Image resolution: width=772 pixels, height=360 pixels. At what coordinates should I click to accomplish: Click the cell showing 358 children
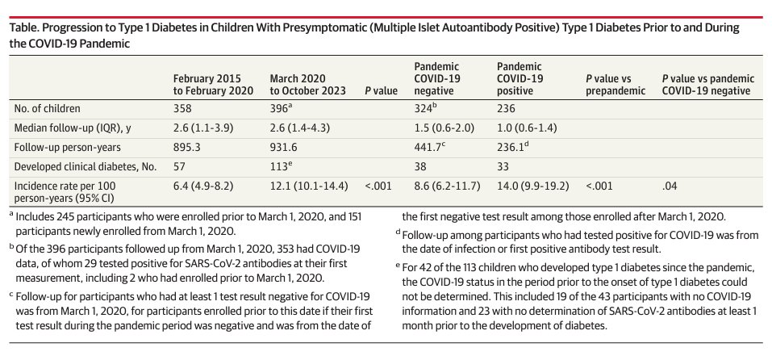point(184,107)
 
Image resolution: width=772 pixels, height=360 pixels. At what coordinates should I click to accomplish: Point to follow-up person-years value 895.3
point(188,147)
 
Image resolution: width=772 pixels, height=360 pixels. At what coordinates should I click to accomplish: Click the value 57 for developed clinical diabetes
point(180,165)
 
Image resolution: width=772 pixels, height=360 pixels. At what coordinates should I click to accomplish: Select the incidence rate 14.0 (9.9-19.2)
point(532,185)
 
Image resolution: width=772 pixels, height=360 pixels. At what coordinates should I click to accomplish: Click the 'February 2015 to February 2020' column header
point(208,85)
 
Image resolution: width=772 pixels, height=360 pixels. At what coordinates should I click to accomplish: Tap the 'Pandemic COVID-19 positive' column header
point(520,78)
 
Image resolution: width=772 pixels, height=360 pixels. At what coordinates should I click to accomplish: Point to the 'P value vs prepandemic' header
point(616,85)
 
